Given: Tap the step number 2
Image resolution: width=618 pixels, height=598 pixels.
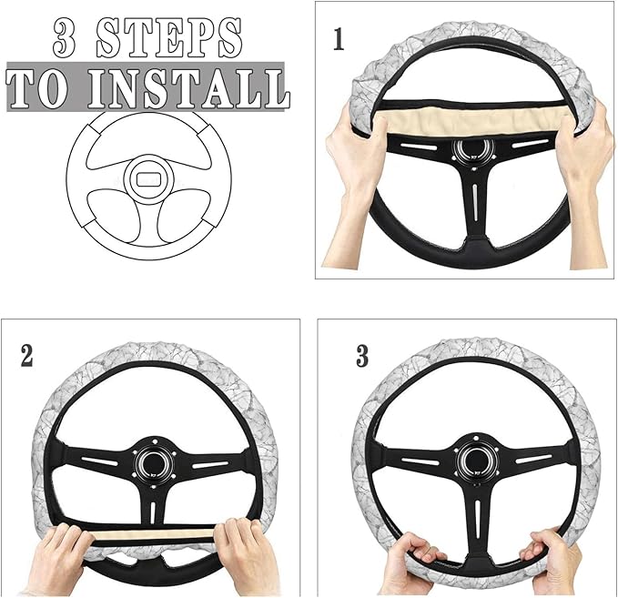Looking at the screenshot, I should point(27,356).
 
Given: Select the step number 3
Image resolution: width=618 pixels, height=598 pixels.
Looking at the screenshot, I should point(362,356).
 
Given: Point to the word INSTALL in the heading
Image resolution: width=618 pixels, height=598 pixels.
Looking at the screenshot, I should point(193,87).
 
